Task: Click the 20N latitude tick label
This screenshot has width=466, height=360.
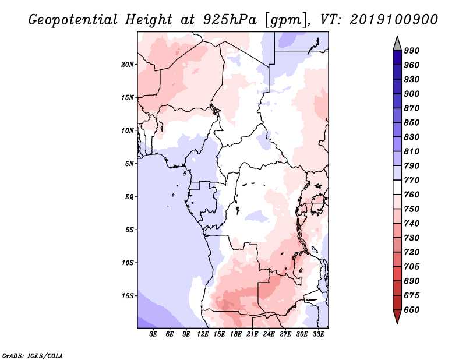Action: (x=127, y=65)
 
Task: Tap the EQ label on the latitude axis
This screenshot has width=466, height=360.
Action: (x=129, y=197)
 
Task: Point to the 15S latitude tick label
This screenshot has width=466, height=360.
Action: (x=128, y=296)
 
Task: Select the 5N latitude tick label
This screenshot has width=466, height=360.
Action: (x=129, y=164)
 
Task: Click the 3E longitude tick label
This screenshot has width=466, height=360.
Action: (x=153, y=334)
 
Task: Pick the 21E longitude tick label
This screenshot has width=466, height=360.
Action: (x=252, y=334)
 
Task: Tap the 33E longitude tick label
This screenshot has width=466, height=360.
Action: (x=318, y=334)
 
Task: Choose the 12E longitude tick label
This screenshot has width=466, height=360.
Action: (x=202, y=334)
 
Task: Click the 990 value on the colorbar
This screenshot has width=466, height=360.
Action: (x=412, y=51)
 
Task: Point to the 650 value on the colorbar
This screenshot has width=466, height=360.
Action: (x=412, y=310)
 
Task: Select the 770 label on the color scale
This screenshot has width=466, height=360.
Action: (x=412, y=180)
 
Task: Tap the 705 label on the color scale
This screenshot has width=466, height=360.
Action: (x=412, y=267)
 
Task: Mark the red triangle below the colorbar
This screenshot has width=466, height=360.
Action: (x=397, y=316)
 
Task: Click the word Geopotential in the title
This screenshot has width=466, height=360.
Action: (x=73, y=20)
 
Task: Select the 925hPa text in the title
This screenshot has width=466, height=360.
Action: (x=230, y=20)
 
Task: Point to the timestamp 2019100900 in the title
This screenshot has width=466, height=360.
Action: (x=394, y=19)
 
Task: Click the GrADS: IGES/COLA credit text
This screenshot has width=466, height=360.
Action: (x=33, y=356)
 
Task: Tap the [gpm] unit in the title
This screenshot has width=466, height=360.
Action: (x=286, y=20)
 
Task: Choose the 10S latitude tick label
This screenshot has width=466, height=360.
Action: (x=128, y=263)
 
